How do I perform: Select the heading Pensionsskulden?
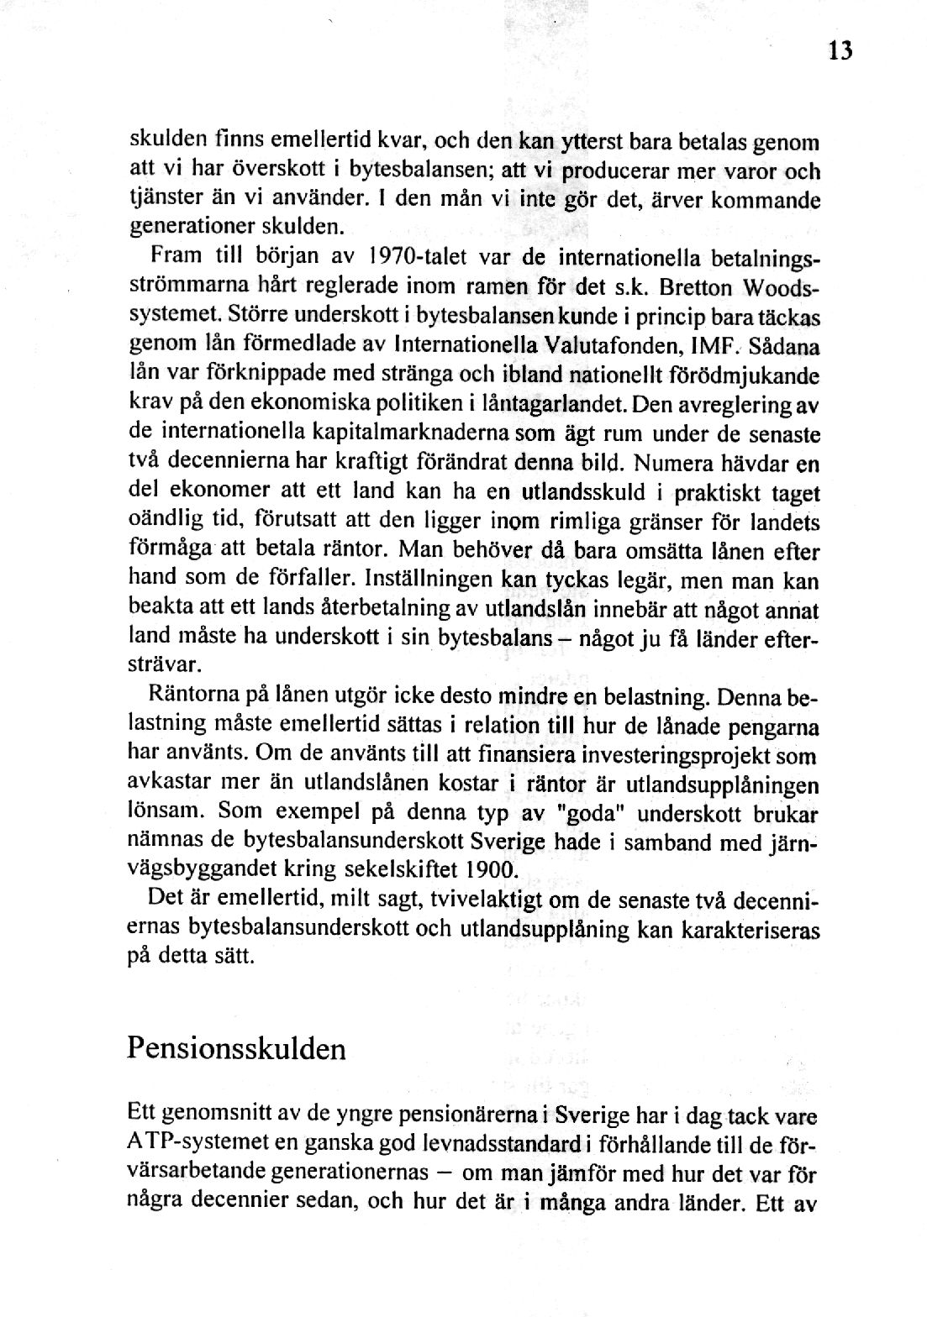236,1049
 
